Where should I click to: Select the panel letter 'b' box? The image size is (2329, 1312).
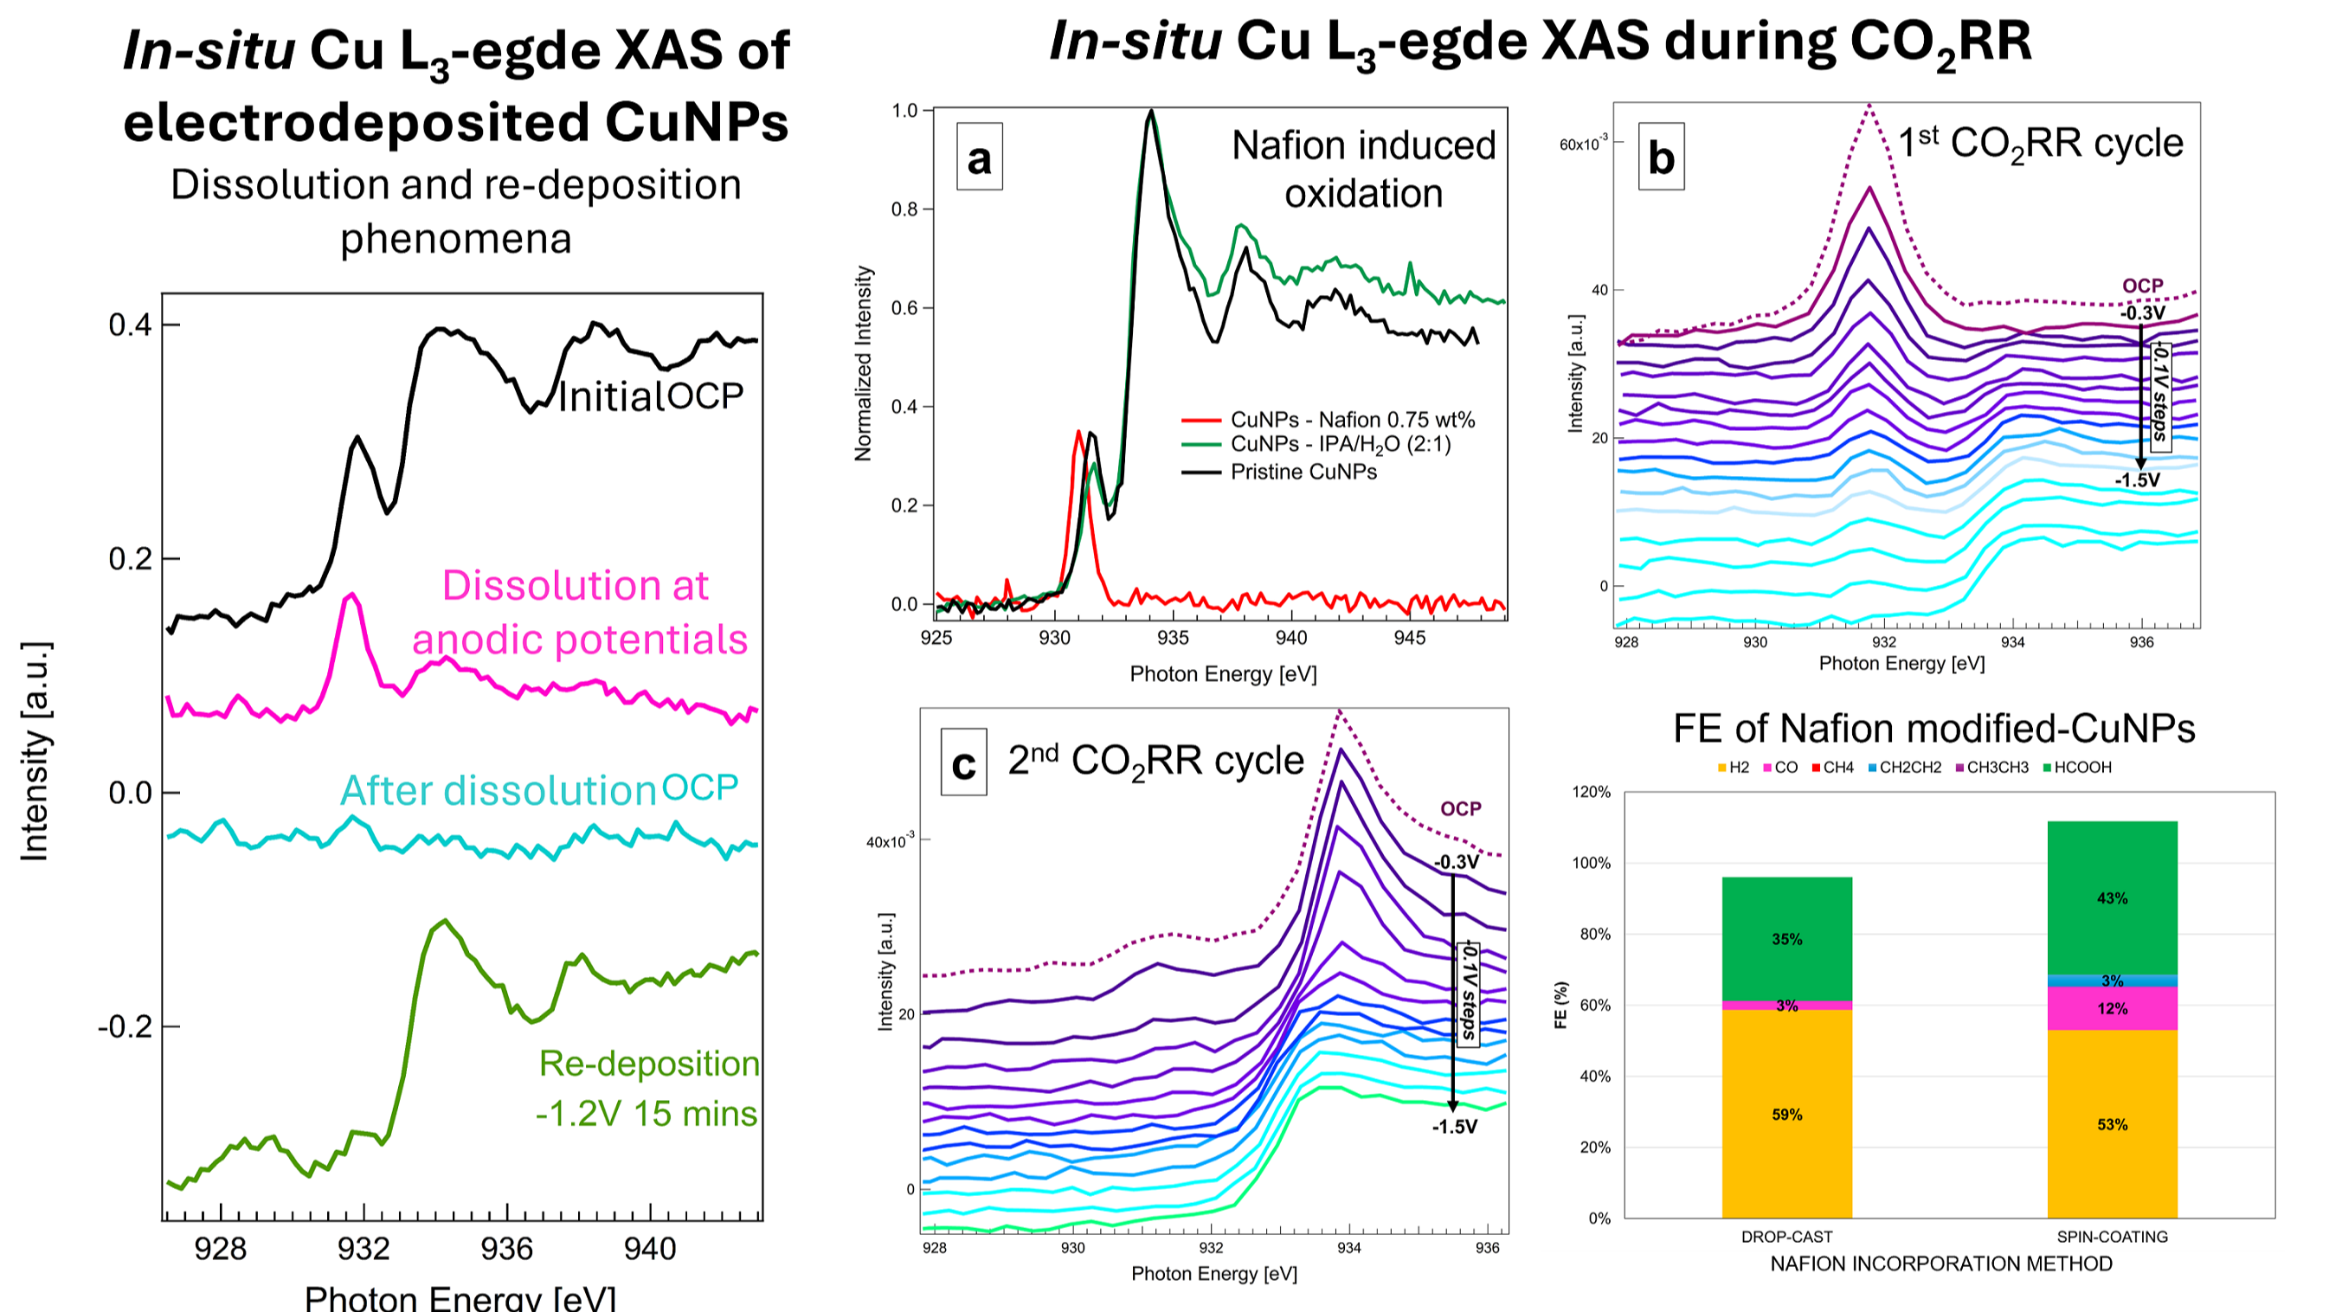tap(1661, 158)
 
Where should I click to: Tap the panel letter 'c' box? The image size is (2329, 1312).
tap(963, 763)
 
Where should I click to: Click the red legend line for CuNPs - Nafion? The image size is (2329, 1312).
tap(1200, 421)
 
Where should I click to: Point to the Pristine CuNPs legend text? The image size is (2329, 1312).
tap(1303, 472)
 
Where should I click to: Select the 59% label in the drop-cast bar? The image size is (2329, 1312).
tap(1786, 1115)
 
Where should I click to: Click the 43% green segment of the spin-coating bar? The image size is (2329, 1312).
tap(2112, 897)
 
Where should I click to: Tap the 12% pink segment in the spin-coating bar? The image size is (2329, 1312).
tap(2112, 1008)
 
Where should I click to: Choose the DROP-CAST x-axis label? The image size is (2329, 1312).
tap(1786, 1237)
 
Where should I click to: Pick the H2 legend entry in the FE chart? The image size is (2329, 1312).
tap(1734, 768)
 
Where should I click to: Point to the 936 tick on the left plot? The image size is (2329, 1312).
tap(506, 1249)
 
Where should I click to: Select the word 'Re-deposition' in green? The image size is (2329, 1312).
tap(649, 1064)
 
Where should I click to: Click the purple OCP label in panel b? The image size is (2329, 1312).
tap(2143, 286)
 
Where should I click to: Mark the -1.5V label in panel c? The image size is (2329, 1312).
tap(1454, 1127)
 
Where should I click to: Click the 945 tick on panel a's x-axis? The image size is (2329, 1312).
tap(1409, 638)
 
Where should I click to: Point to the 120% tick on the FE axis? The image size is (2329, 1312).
tap(1592, 792)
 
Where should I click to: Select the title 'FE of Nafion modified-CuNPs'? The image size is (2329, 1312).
tap(1933, 728)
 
